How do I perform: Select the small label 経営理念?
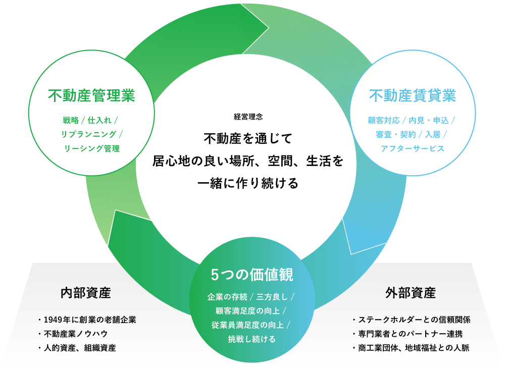[x=248, y=117]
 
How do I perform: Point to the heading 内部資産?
[x=85, y=292]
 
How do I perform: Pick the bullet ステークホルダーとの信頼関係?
[x=414, y=320]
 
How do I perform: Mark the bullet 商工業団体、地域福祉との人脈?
[x=414, y=348]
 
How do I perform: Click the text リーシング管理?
[x=91, y=148]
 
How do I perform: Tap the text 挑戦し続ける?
[x=251, y=339]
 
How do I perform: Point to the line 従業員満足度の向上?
[x=247, y=325]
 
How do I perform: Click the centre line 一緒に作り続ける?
[x=247, y=183]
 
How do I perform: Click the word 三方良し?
[x=273, y=296]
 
